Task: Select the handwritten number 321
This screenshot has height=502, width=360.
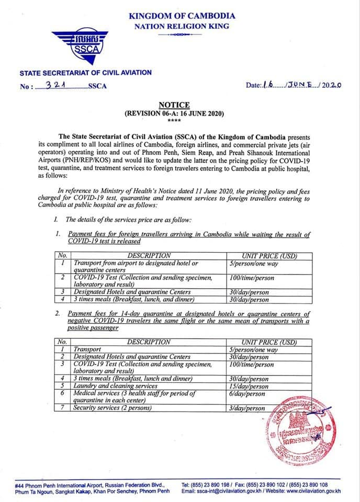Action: pos(54,85)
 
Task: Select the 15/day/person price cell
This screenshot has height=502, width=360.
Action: pos(254,386)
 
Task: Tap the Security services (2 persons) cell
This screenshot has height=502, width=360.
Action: pos(112,408)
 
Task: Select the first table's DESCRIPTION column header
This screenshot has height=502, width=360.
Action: pos(149,256)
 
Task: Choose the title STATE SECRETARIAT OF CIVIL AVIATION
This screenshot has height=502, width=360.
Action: pos(85,73)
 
